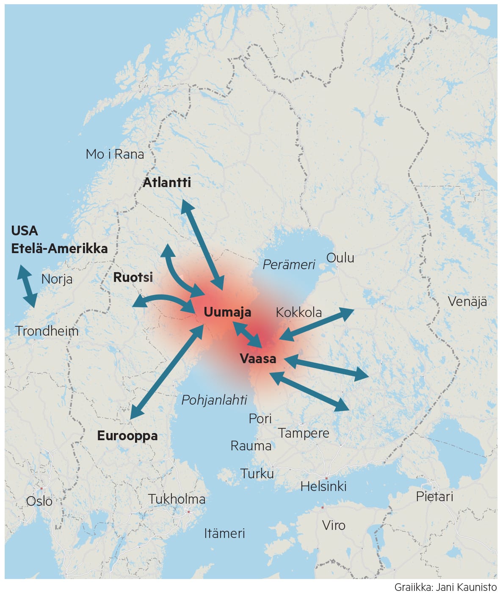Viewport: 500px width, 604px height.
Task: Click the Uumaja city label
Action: (227, 312)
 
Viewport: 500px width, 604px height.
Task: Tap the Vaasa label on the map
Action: (258, 359)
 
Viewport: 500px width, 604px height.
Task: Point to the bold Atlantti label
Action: (167, 182)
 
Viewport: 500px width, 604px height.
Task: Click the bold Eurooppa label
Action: (127, 436)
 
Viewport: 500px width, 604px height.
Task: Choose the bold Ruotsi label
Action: (133, 277)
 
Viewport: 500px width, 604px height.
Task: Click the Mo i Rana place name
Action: (115, 154)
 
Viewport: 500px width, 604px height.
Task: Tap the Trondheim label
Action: (47, 331)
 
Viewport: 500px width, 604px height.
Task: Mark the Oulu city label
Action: (340, 258)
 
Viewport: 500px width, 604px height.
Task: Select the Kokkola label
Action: (298, 312)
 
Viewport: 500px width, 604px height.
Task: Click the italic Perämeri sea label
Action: (289, 265)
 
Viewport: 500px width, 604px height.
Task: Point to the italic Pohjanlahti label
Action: (214, 400)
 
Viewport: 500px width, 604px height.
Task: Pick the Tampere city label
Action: (304, 433)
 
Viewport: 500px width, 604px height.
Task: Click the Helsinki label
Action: (323, 486)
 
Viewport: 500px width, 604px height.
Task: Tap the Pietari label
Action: (434, 496)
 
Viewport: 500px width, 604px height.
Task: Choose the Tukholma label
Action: (177, 499)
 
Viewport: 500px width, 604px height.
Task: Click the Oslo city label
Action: (39, 501)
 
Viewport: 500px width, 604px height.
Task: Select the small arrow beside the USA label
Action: (27, 286)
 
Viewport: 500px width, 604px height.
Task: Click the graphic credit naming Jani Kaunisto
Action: (445, 587)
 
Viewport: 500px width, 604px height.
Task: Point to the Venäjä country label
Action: (467, 302)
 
